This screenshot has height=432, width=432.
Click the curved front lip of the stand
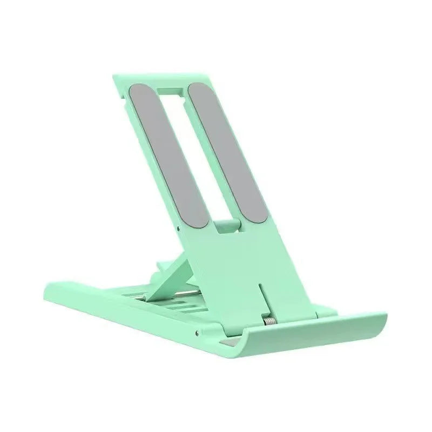[x=302, y=346]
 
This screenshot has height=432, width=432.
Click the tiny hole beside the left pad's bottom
[x=179, y=227]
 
